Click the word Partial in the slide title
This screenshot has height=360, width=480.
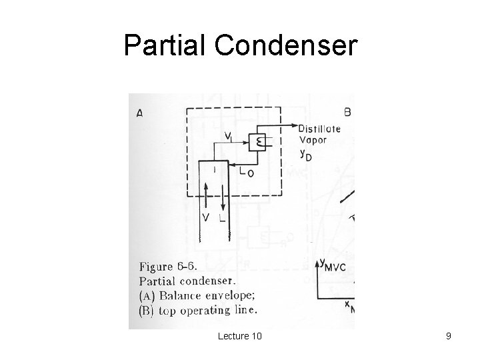click(x=161, y=45)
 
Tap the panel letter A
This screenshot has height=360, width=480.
click(x=139, y=113)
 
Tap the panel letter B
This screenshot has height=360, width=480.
click(x=347, y=111)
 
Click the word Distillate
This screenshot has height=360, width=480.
click(x=320, y=129)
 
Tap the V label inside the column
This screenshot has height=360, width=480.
click(x=207, y=218)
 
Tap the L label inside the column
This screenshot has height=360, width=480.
click(x=223, y=218)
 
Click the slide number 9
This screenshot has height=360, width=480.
click(x=449, y=336)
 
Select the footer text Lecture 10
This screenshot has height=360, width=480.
click(x=239, y=336)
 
